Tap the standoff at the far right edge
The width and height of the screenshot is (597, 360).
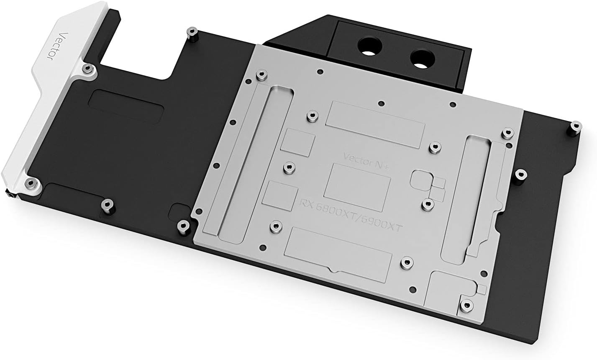coord(576,126)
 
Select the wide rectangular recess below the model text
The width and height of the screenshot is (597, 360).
coord(338,253)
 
